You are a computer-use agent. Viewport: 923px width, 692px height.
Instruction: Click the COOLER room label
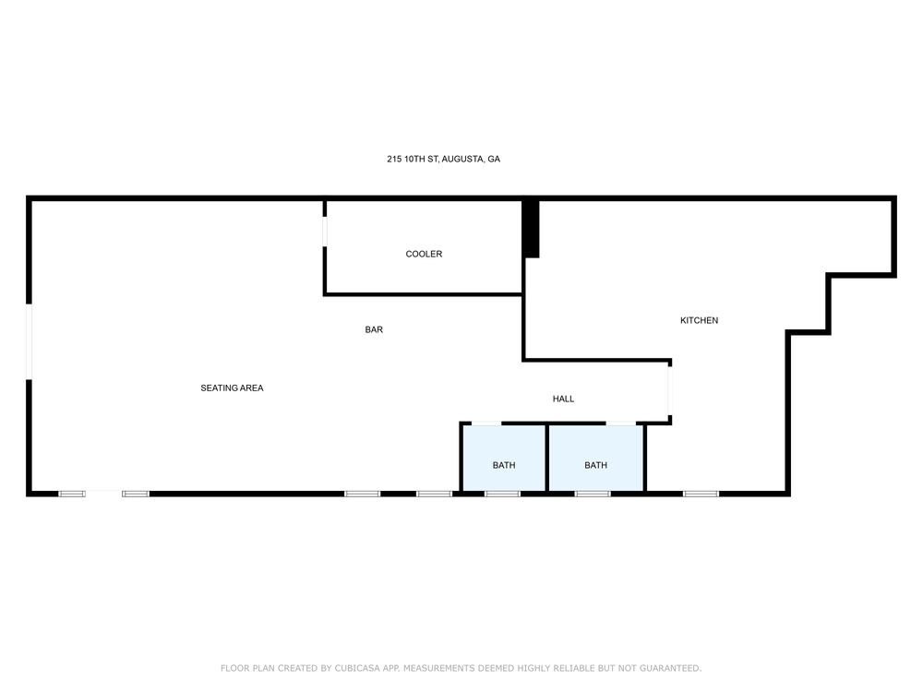(x=424, y=255)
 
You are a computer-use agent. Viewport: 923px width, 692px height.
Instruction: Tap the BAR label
(x=374, y=329)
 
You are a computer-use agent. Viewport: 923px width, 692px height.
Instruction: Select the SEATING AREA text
(x=232, y=388)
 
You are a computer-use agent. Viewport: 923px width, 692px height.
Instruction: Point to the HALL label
(x=563, y=399)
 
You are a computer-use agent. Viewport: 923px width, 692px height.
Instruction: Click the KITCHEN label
(x=700, y=321)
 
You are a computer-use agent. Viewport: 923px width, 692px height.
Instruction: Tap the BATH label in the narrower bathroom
(x=504, y=465)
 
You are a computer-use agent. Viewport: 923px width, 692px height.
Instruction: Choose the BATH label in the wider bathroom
(x=595, y=465)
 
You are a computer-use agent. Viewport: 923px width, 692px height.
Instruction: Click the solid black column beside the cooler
(x=531, y=229)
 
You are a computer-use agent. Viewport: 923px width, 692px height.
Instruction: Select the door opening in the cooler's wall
(x=324, y=232)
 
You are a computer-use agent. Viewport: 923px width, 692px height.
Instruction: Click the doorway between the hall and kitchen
(x=670, y=390)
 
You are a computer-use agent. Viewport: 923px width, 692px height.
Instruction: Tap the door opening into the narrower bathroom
(x=486, y=424)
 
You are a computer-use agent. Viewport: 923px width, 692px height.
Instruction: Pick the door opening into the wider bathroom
(x=621, y=424)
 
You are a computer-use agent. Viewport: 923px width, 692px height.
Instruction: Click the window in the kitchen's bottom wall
(x=701, y=494)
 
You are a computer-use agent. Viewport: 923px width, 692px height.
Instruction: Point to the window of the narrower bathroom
(x=503, y=494)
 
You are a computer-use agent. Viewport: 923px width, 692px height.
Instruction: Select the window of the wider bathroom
(x=593, y=494)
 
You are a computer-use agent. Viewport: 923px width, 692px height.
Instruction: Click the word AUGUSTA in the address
(x=462, y=159)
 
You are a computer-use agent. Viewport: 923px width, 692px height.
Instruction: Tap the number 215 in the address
(x=394, y=159)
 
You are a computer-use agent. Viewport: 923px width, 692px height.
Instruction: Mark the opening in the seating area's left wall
(x=29, y=342)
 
